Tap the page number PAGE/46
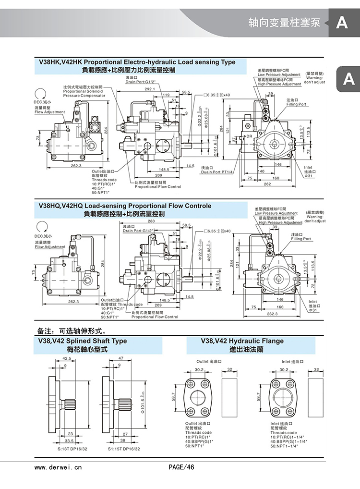click(x=181, y=466)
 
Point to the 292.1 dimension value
click(x=150, y=89)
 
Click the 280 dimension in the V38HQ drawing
click(x=151, y=221)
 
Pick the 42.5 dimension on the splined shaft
click(x=66, y=358)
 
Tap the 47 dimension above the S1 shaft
click(x=121, y=358)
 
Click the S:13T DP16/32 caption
click(x=69, y=449)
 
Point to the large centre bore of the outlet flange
click(x=198, y=396)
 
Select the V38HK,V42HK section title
click(x=137, y=62)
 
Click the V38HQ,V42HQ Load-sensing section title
click(x=124, y=206)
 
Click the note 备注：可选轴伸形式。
click(x=71, y=331)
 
